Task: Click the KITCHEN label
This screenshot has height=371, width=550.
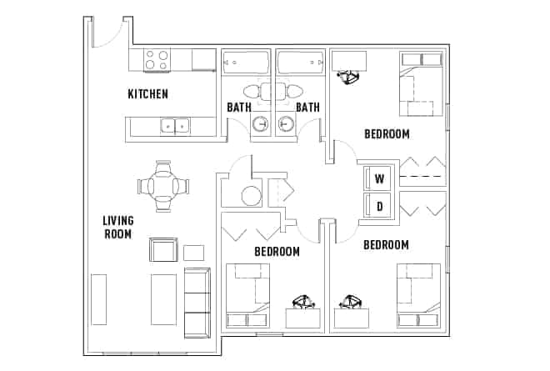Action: coord(147,94)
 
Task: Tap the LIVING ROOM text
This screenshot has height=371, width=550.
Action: coord(117,227)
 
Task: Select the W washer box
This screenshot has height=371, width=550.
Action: coord(378,178)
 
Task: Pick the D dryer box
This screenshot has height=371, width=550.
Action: coord(378,205)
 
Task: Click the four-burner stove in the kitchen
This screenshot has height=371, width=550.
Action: coord(157,60)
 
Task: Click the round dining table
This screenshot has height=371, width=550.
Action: coord(162,186)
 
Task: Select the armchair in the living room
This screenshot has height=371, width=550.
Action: coord(162,249)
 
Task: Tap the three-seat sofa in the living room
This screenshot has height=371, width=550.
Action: coord(197,302)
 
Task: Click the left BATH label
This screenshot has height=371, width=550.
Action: coord(239,107)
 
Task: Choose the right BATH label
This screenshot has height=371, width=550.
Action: coord(307,107)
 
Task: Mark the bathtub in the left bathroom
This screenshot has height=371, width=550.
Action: coord(246,63)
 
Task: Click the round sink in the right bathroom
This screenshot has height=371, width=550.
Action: coord(286,125)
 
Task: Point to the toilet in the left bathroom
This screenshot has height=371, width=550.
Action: coord(253,91)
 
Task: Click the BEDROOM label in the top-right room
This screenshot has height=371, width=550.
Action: coord(387,133)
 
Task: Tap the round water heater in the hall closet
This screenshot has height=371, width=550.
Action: coord(252,197)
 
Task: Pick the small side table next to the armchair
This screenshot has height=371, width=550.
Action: coord(193,252)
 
